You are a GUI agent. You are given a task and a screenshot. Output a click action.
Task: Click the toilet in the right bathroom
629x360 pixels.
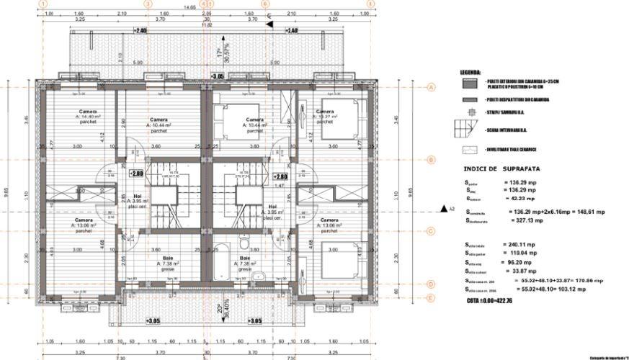pyautogui.click(x=264, y=276)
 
